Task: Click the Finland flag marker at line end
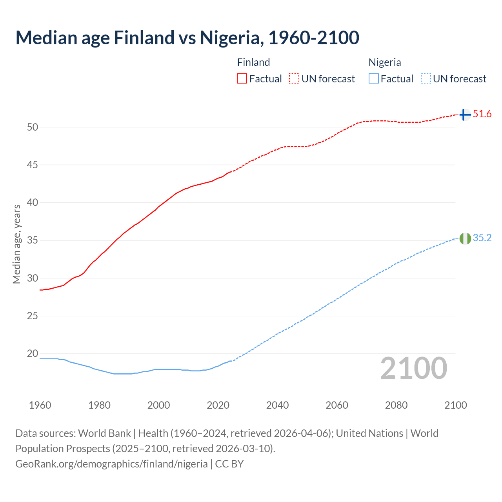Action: (465, 115)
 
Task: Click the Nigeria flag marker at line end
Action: (465, 238)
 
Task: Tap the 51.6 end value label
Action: (482, 114)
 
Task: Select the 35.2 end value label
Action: (482, 238)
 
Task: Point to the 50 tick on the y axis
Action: (33, 127)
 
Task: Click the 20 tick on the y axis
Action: (33, 354)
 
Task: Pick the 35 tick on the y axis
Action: (33, 240)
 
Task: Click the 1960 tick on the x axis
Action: (40, 405)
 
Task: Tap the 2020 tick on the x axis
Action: (218, 405)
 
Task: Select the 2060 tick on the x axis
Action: (337, 405)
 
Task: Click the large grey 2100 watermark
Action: (413, 368)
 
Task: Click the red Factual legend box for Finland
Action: (242, 79)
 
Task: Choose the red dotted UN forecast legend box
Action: (294, 79)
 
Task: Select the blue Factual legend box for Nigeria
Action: (373, 79)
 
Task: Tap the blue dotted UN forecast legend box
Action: (426, 79)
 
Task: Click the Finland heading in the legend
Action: (253, 62)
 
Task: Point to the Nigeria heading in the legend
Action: (384, 62)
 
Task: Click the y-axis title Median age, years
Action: (16, 244)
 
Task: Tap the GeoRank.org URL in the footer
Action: (111, 464)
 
